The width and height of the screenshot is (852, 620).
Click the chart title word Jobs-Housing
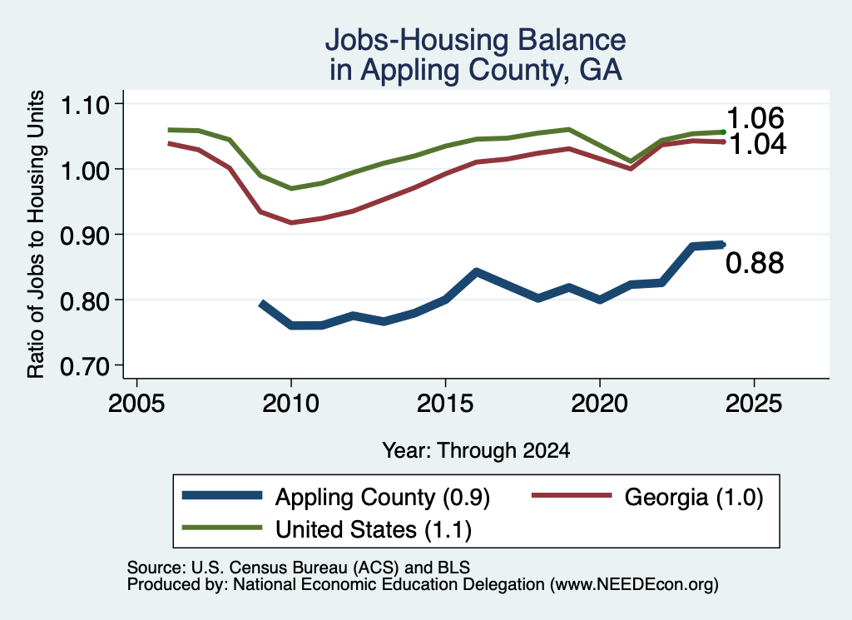pos(417,40)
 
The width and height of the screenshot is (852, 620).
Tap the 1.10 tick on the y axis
pos(86,105)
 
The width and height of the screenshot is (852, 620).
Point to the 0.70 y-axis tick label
pos(86,366)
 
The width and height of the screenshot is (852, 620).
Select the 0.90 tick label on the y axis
pos(86,236)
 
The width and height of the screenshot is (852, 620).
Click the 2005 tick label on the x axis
pos(136,404)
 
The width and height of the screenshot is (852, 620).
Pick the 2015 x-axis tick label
pos(445,404)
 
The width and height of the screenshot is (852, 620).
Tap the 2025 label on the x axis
pos(754,404)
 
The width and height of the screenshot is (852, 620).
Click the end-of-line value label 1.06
pos(755,118)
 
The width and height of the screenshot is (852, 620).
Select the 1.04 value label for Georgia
pos(757,144)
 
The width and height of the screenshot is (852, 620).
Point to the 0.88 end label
pos(755,263)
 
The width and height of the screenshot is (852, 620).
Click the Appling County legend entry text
pos(383,498)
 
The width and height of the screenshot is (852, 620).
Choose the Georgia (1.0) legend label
pos(694,497)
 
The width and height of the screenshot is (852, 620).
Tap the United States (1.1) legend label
pos(374,530)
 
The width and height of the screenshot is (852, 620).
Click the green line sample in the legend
pos(222,528)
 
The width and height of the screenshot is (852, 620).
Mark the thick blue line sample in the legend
pos(222,495)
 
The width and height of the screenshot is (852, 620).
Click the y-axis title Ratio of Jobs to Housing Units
pos(36,234)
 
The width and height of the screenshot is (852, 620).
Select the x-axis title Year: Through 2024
pos(476,450)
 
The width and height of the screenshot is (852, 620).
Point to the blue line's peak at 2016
pos(477,271)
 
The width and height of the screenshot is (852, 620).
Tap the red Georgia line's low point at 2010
pos(291,222)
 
